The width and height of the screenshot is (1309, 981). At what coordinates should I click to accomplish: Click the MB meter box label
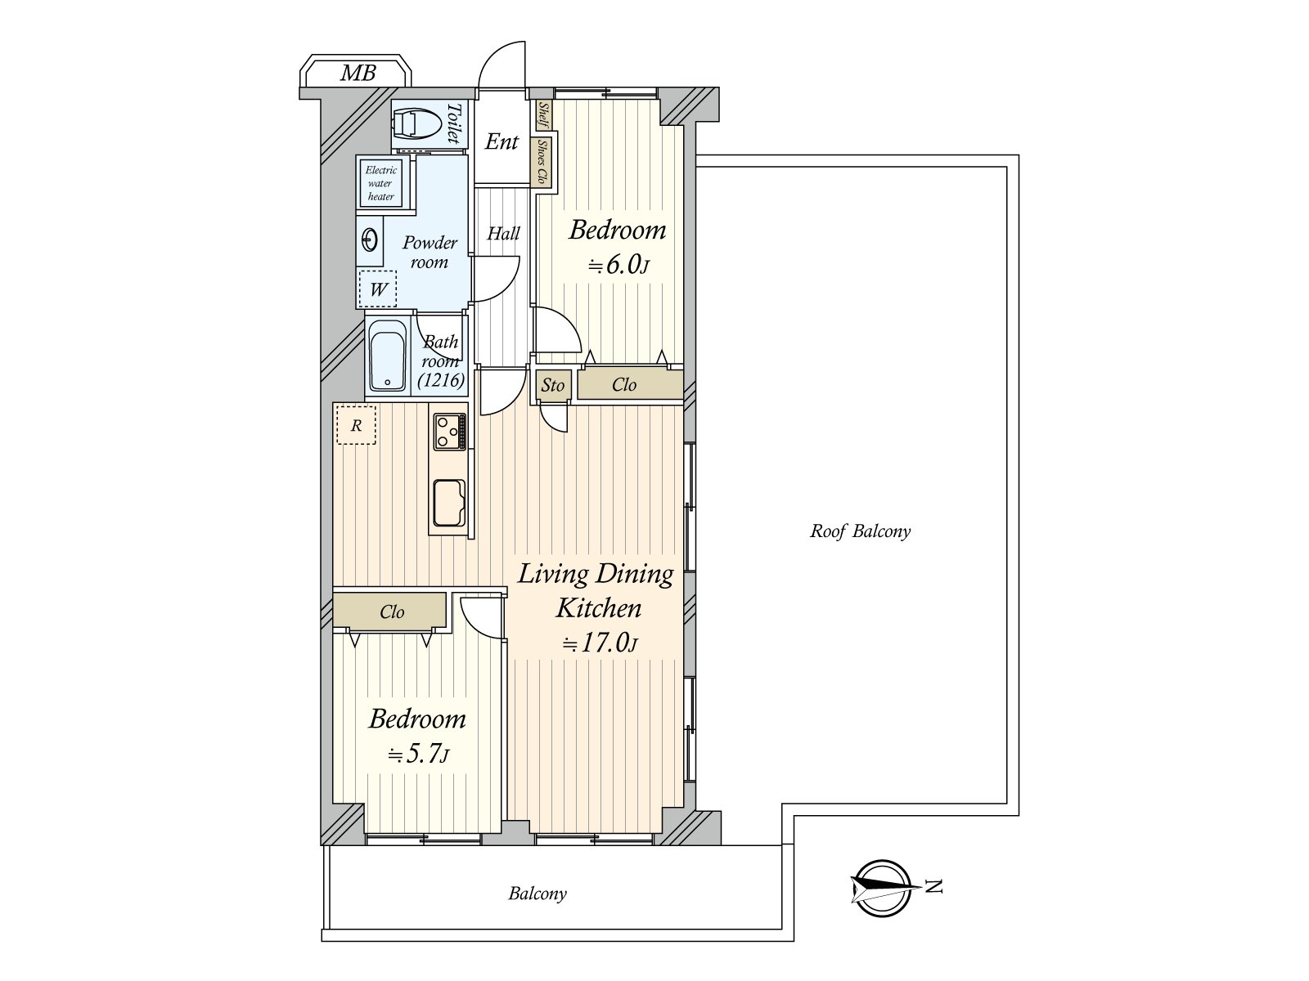[358, 73]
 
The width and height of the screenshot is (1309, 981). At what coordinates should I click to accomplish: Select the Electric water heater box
[380, 183]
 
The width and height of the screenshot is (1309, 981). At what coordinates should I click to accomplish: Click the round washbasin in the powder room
[370, 240]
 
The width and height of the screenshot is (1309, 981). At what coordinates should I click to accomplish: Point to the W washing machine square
[377, 289]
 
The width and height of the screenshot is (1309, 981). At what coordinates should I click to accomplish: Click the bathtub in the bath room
[387, 356]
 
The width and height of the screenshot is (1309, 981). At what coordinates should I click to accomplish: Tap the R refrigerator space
[356, 425]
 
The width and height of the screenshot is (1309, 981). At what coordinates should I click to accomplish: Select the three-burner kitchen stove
[450, 432]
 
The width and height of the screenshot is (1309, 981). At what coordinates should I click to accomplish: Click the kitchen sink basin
[449, 504]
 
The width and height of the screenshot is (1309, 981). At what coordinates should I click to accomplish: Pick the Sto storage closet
[553, 385]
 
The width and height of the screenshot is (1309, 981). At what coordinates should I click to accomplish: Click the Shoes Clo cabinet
[542, 162]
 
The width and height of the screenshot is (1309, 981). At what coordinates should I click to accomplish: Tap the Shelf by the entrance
[543, 114]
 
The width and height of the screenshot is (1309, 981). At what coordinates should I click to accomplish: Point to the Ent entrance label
[502, 141]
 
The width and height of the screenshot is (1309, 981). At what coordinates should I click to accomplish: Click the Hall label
[503, 233]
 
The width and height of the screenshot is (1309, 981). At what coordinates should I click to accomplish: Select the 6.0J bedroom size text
[619, 264]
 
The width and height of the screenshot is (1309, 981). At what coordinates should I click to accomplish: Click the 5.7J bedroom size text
[418, 755]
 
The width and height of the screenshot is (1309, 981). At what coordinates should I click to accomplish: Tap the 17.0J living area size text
[601, 643]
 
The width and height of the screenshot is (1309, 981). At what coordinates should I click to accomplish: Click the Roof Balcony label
[860, 531]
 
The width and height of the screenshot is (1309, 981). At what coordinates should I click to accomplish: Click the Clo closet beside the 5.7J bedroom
[390, 610]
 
